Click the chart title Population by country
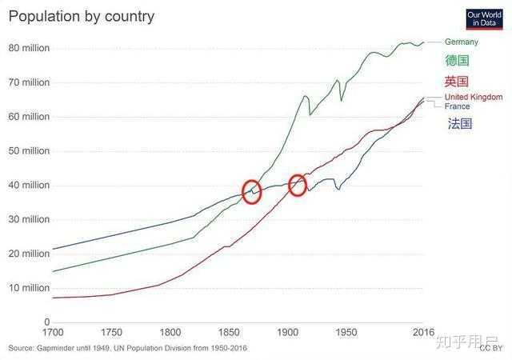[82, 17]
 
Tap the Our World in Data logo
[484, 19]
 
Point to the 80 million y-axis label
[29, 48]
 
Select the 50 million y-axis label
[29, 151]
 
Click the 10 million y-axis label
[29, 288]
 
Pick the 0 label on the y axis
[47, 322]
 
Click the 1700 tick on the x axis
[53, 333]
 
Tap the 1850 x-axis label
[229, 333]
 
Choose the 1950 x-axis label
[346, 333]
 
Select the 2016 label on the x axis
[423, 333]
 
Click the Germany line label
[462, 42]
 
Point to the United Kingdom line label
[474, 97]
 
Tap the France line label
[457, 106]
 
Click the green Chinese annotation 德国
[457, 61]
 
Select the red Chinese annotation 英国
[456, 82]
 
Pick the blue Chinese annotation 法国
[460, 123]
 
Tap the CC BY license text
[490, 348]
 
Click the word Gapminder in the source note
[55, 348]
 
